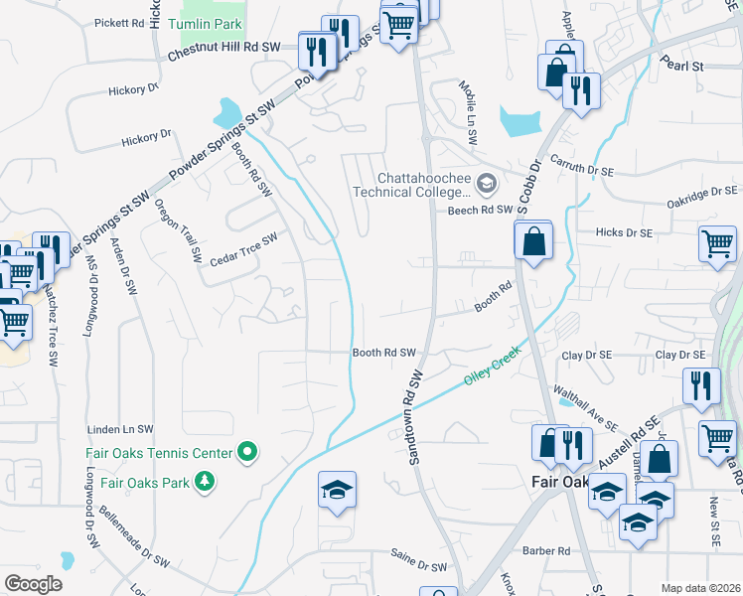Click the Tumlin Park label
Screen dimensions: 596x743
[205, 23]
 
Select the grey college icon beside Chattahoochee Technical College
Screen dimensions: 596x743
[487, 182]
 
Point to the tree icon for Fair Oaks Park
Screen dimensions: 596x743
[205, 482]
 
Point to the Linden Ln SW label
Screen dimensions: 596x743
[121, 429]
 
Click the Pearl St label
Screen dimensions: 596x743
[683, 67]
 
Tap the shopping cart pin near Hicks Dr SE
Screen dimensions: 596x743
[717, 242]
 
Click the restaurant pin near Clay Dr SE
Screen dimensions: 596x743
[701, 384]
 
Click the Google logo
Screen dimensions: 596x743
[33, 584]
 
